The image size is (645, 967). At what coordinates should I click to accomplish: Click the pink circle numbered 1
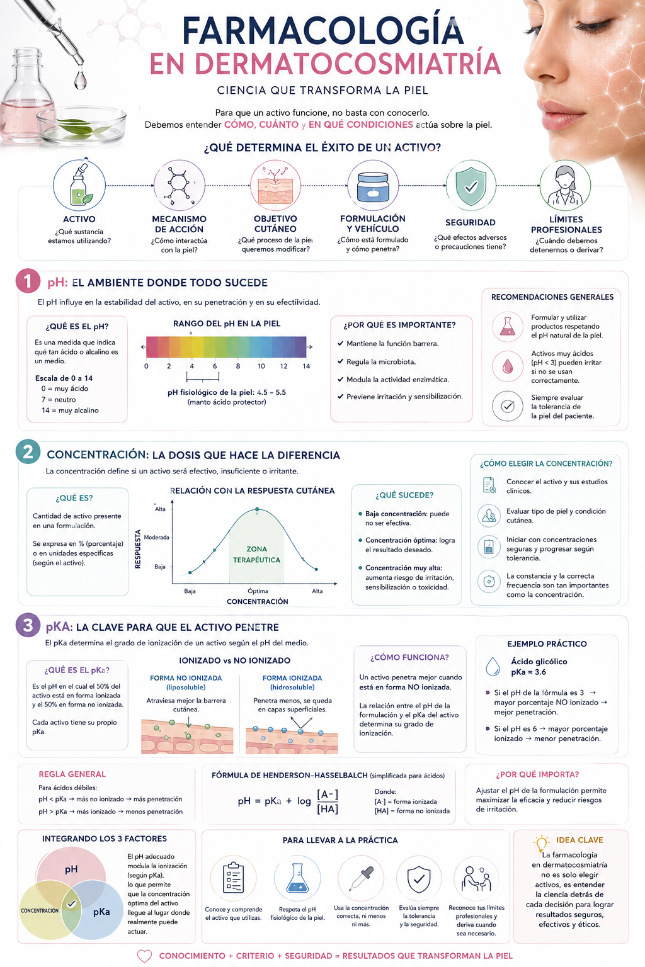click(28, 281)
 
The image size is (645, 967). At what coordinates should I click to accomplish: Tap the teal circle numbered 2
click(28, 452)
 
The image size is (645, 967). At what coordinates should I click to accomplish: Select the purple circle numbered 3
click(28, 625)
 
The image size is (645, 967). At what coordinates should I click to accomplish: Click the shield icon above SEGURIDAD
click(471, 186)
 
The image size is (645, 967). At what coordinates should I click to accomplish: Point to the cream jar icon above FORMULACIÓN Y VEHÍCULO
click(373, 187)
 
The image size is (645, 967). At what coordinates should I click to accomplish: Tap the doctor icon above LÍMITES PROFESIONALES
click(565, 186)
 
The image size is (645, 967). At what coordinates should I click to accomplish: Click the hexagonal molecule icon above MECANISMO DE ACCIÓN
click(180, 186)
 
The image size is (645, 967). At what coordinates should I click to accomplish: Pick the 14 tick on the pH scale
click(306, 366)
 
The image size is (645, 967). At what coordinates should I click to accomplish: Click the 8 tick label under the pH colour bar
click(238, 366)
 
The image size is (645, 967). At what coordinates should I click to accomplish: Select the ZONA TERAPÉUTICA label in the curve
click(256, 554)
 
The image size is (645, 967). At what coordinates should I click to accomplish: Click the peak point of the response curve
click(257, 509)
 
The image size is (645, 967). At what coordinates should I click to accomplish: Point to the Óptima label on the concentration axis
click(258, 591)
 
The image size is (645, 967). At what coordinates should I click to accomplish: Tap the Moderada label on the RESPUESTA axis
click(156, 538)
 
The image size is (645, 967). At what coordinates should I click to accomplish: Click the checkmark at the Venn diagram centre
click(72, 903)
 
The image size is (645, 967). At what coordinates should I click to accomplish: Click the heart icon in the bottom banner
click(144, 956)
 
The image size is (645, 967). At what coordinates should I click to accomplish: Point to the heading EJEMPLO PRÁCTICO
click(547, 643)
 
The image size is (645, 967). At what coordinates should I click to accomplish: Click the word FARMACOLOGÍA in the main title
click(322, 30)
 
